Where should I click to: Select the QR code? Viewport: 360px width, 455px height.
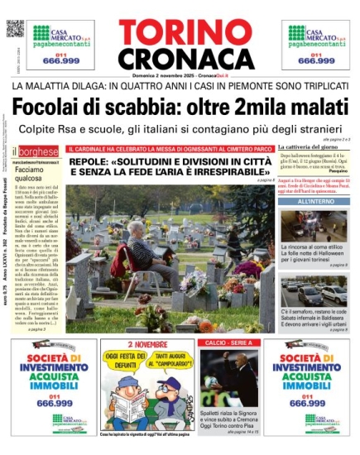click(16, 27)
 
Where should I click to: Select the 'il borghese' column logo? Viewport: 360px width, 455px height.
click(36, 152)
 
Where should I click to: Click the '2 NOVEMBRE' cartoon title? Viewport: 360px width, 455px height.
click(146, 344)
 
